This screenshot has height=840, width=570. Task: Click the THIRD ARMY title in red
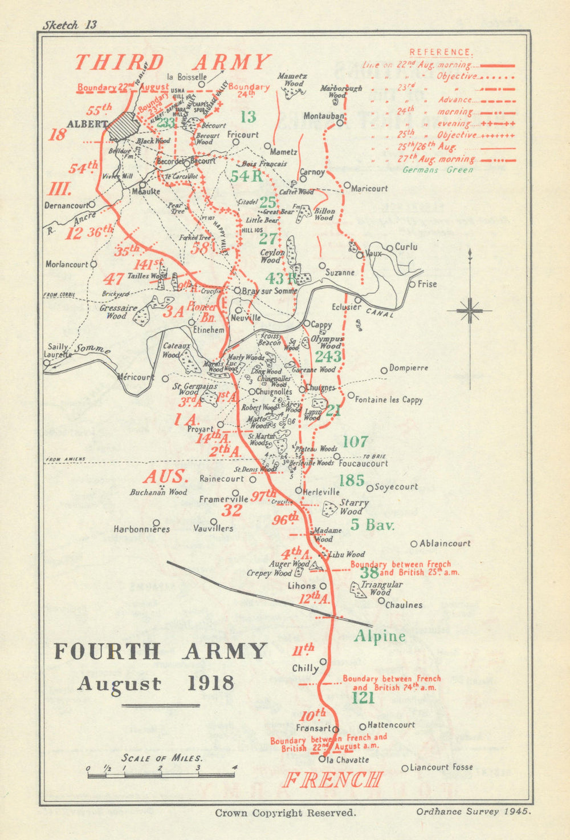point(173,62)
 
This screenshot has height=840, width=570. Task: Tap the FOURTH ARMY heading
point(160,651)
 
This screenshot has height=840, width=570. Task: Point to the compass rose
point(469,310)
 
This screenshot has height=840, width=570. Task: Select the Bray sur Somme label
point(270,291)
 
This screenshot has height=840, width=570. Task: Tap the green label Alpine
point(380,636)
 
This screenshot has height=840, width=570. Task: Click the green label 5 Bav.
point(372,524)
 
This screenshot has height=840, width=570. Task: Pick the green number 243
point(328,357)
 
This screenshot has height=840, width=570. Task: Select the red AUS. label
point(165,476)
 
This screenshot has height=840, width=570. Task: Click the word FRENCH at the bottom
point(332,780)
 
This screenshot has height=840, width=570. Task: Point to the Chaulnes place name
point(404,605)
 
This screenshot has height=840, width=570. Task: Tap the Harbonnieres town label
point(141,529)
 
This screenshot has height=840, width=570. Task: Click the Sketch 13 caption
point(70,25)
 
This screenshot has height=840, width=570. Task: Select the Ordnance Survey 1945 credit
point(473,811)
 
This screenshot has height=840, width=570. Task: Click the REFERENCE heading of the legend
point(441,52)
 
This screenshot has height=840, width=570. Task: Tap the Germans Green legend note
point(437,169)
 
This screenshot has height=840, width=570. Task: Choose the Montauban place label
point(323,116)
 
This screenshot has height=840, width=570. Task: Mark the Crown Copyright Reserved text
point(285,813)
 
